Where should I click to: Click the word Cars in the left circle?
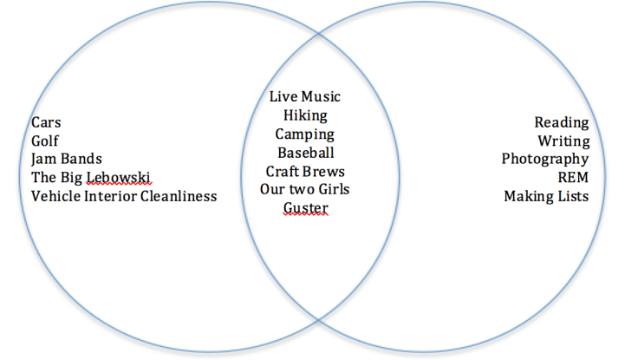[48, 122]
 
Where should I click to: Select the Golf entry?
[45, 141]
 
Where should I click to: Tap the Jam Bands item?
[67, 159]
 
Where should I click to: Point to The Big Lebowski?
[91, 177]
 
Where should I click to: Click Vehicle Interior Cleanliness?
[124, 196]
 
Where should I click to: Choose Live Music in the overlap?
[305, 96]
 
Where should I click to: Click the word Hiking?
[305, 115]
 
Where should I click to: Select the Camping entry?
[305, 134]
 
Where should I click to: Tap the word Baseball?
[305, 153]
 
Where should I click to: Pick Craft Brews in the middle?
[305, 171]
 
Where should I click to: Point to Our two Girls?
[305, 189]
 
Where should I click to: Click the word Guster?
[305, 208]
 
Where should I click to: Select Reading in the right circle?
[561, 122]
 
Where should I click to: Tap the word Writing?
[563, 141]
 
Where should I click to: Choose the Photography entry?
[545, 159]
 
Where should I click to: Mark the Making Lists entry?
[546, 196]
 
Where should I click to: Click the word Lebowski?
[119, 177]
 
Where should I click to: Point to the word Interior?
[111, 196]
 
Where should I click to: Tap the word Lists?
[572, 196]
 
